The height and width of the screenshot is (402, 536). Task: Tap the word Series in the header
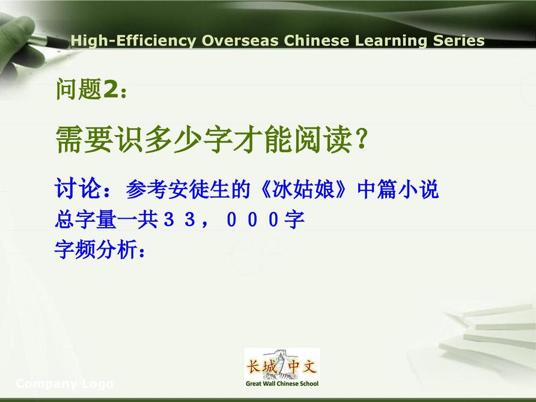pyautogui.click(x=458, y=40)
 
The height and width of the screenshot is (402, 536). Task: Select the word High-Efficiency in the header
pyautogui.click(x=133, y=41)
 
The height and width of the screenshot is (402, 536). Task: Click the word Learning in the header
pyautogui.click(x=391, y=41)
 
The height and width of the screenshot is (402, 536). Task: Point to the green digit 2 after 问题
pyautogui.click(x=111, y=89)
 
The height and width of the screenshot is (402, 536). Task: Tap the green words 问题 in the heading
pyautogui.click(x=79, y=89)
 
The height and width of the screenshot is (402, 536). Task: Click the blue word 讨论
pyautogui.click(x=78, y=188)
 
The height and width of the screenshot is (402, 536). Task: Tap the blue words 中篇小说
pyautogui.click(x=398, y=189)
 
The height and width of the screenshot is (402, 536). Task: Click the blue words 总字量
pyautogui.click(x=85, y=219)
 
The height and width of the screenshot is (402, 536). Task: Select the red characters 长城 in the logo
pyautogui.click(x=261, y=367)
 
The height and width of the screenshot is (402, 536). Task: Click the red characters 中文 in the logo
pyautogui.click(x=302, y=367)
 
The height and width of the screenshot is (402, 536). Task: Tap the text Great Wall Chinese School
pyautogui.click(x=282, y=383)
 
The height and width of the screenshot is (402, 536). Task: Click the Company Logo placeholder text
pyautogui.click(x=65, y=384)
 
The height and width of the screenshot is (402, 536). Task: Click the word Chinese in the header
pyautogui.click(x=316, y=40)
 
